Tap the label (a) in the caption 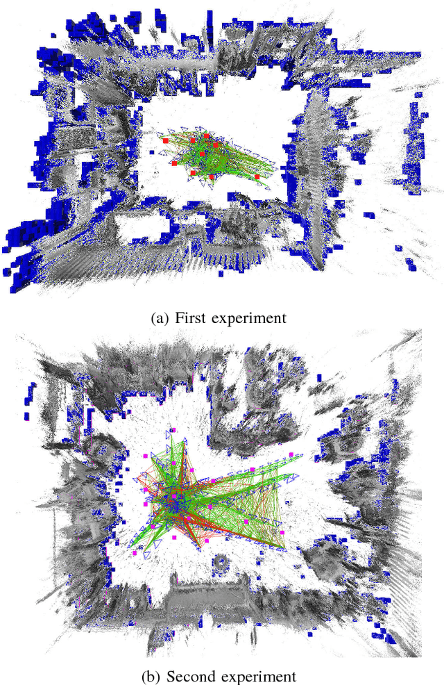pyautogui.click(x=159, y=318)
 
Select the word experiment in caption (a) pyautogui.click(x=249, y=319)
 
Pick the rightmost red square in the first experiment pyautogui.click(x=257, y=177)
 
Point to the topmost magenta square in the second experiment pyautogui.click(x=175, y=431)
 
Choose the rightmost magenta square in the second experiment pyautogui.click(x=292, y=454)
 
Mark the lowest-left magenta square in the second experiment pyautogui.click(x=135, y=554)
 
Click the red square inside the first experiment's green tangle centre pyautogui.click(x=203, y=154)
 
